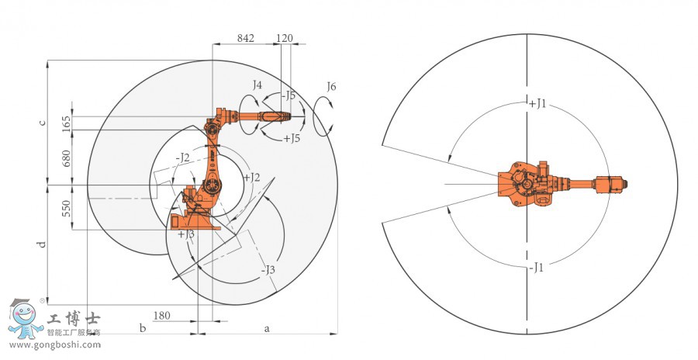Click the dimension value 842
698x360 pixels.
tap(245, 38)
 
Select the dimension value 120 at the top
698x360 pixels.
tap(285, 38)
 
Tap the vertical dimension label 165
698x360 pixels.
tap(67, 123)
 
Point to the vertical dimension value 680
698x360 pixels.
tap(67, 158)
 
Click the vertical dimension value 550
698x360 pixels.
tap(67, 208)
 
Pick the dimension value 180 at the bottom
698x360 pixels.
tap(161, 316)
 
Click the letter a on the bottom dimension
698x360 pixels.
tap(267, 329)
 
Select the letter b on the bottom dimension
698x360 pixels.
tap(143, 328)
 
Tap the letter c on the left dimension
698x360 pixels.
tap(43, 123)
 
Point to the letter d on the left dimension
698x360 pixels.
tap(42, 244)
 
